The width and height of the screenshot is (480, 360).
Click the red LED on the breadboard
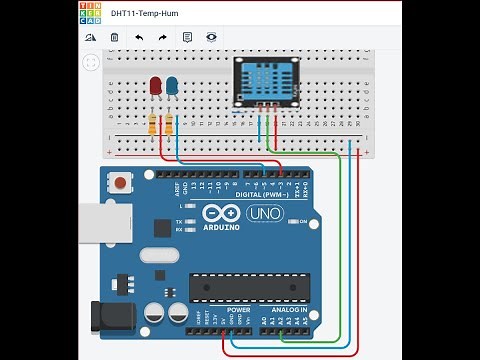point(155,86)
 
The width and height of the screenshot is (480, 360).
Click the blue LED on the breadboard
point(172,86)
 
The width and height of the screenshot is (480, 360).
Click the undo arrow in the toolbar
point(139,37)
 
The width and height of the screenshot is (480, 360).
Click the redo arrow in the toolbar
point(163,37)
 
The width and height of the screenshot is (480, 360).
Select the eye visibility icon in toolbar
point(212,37)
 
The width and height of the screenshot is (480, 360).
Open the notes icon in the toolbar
point(187,37)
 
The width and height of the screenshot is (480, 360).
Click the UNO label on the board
point(266,213)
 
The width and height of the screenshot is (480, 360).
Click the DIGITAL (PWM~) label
point(258,194)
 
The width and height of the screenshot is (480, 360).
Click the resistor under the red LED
point(152,125)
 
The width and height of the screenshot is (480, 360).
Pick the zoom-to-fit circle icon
point(91,62)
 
